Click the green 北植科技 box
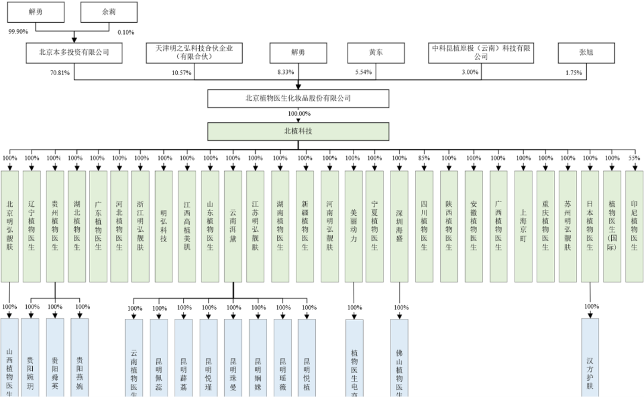pos(298,132)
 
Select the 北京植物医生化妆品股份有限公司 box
pos(298,98)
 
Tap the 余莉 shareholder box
pos(109,12)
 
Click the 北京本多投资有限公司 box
pos(75,52)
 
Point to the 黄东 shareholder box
pos(376,52)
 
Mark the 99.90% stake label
pos(18,32)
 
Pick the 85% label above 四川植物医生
pos(424,158)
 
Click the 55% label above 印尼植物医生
pos(634,158)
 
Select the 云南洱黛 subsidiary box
pos(233,227)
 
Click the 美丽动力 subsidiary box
pos(354,227)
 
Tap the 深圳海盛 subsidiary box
pos(400,227)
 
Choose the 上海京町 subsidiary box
pos(523,227)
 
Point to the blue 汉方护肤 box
pos(591,358)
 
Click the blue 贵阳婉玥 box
pos(30,358)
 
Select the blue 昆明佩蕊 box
pos(159,358)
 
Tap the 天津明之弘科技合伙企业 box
pos(194,52)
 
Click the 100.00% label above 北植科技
pos(299,114)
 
